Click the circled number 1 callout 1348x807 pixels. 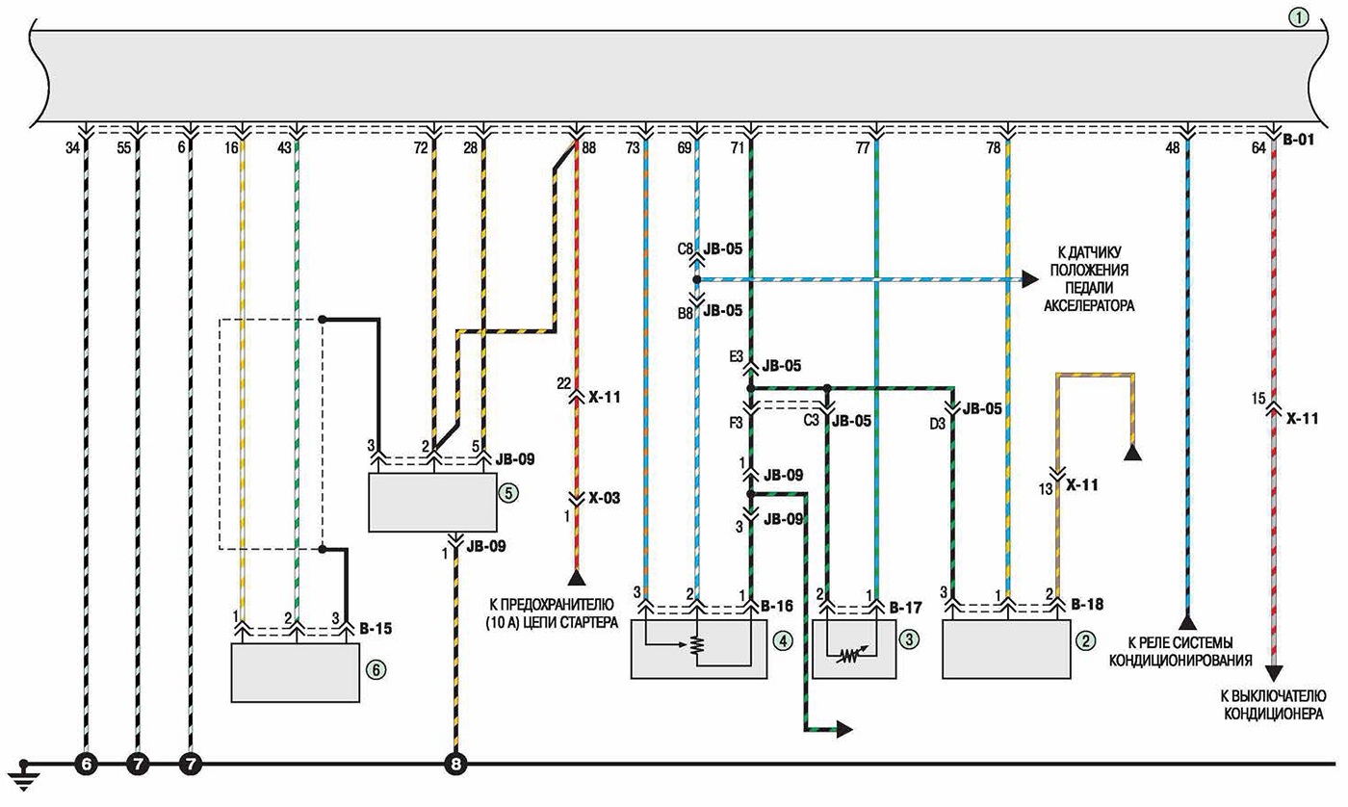[x=1299, y=18]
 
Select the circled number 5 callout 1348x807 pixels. [x=508, y=493]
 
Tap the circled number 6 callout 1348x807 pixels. [x=376, y=669]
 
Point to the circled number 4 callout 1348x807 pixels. [x=783, y=641]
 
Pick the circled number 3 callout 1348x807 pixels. [x=909, y=639]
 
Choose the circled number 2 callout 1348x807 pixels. [x=1086, y=641]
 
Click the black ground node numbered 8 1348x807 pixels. [x=455, y=765]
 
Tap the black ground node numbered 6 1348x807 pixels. [x=86, y=765]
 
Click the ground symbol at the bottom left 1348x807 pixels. [x=23, y=775]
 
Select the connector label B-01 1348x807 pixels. [x=1299, y=141]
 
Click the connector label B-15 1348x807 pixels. [x=376, y=629]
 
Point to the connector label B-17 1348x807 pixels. [x=906, y=608]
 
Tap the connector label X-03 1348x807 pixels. [x=605, y=498]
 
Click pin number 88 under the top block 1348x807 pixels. [x=589, y=147]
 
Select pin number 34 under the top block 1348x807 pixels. [x=73, y=147]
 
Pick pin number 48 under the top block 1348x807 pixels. [x=1173, y=147]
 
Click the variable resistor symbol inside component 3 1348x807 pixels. [x=849, y=655]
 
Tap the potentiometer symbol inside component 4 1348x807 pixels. [x=696, y=645]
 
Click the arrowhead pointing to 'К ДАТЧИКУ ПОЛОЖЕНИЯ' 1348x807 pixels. [x=1030, y=279]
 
